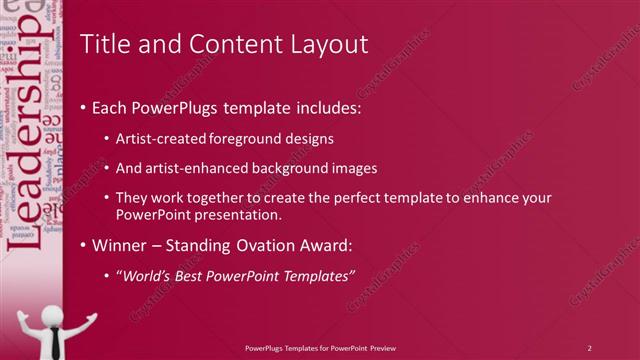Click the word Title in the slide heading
tap(102, 44)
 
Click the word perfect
tap(346, 198)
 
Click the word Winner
tap(122, 245)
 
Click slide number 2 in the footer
tap(589, 347)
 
